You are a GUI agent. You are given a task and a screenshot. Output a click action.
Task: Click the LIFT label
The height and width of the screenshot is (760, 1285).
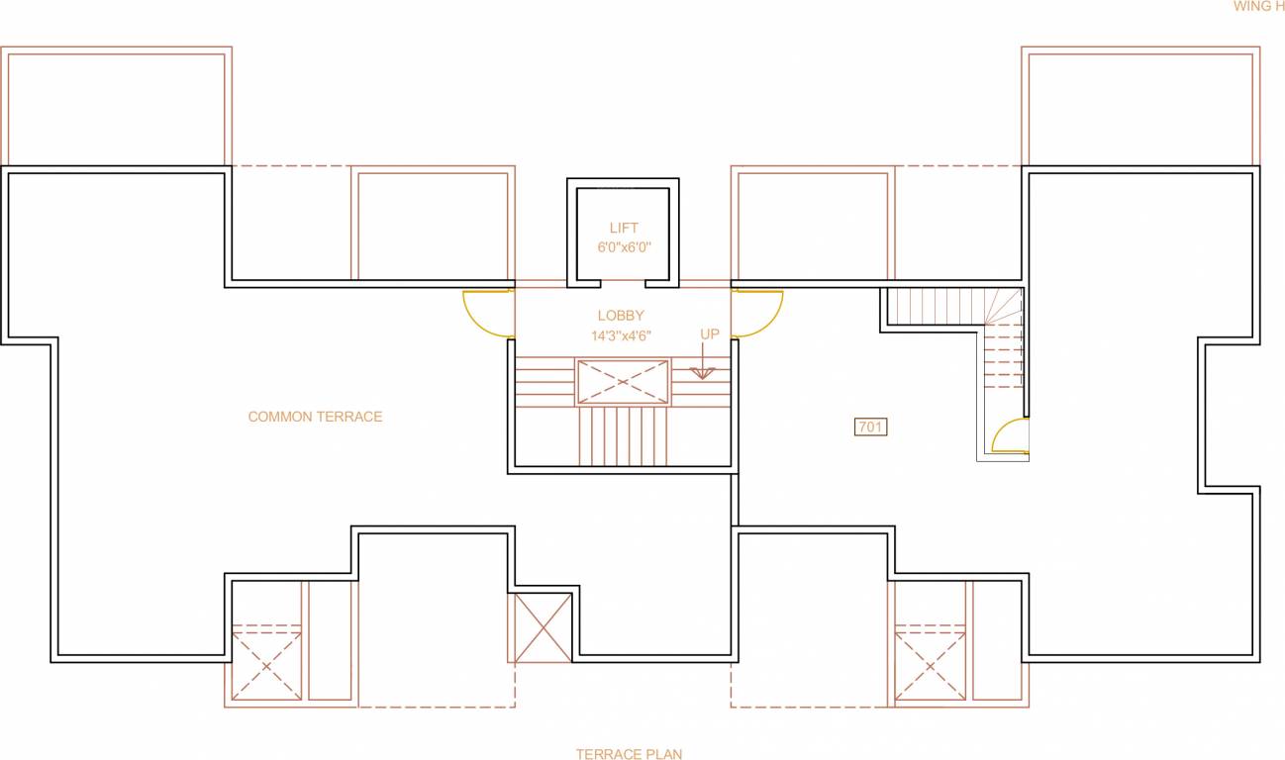[x=624, y=229]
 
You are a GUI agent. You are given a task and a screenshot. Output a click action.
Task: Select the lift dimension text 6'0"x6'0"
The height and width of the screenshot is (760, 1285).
[x=624, y=247]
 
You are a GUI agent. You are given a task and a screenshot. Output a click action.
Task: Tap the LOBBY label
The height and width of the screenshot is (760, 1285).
[x=621, y=316]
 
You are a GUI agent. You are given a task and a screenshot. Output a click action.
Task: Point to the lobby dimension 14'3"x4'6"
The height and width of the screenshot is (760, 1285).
[x=621, y=335]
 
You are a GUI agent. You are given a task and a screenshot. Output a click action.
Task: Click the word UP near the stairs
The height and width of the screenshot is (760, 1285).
[x=710, y=334]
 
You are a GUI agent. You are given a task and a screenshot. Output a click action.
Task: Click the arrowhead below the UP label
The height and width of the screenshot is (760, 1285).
[x=703, y=373]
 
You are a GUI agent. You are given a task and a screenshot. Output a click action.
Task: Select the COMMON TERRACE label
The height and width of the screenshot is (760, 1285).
[x=315, y=417]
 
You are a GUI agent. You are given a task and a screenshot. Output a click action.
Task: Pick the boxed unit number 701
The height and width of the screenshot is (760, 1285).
[x=870, y=427]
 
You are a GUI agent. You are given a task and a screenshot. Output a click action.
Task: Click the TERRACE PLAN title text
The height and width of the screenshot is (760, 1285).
[x=629, y=754]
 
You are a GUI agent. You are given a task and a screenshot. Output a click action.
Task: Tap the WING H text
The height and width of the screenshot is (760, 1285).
[x=1258, y=6]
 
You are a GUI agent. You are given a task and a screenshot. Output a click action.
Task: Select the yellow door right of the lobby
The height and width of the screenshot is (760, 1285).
[x=757, y=313]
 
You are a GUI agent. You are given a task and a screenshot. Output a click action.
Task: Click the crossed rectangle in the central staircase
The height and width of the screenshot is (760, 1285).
[x=623, y=382]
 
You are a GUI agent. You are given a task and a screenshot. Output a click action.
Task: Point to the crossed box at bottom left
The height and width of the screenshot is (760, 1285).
[x=266, y=666]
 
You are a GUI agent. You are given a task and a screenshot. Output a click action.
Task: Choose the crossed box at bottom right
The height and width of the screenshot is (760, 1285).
[x=930, y=666]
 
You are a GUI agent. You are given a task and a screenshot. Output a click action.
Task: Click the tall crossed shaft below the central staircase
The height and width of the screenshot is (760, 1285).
[x=543, y=627]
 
